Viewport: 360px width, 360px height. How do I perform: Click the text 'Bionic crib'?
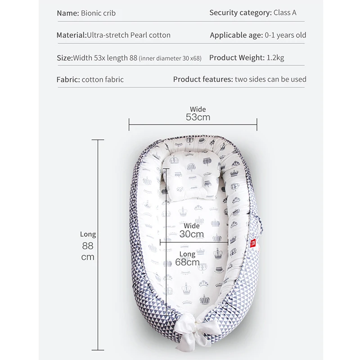tap(98, 13)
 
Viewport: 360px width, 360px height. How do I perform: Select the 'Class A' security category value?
tap(285, 13)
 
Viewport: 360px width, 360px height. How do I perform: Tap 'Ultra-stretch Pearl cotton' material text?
tap(129, 35)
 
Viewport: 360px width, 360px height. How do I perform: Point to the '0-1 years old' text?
tap(285, 35)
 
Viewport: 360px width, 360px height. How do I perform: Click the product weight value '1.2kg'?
tap(275, 57)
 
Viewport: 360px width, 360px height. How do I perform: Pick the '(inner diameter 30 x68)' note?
tap(170, 58)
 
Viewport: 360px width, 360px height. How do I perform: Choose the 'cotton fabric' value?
tap(103, 80)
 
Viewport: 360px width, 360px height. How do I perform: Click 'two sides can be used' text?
tap(270, 79)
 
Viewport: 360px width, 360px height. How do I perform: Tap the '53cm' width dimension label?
tap(198, 117)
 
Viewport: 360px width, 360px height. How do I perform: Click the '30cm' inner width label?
tap(191, 234)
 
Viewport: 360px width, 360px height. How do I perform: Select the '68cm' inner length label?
tap(187, 262)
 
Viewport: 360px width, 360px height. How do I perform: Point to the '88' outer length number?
tap(88, 246)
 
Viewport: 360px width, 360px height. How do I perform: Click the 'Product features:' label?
tap(203, 79)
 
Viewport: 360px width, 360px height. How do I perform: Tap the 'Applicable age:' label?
tap(236, 35)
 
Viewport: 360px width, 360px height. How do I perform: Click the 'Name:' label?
tap(68, 13)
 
